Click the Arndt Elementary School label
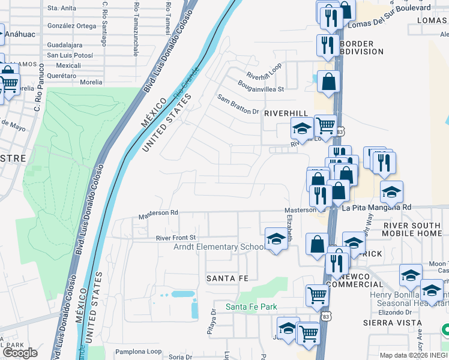[218, 247]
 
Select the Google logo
[20, 352]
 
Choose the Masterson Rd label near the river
[158, 212]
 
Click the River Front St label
[176, 238]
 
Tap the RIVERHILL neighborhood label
[286, 113]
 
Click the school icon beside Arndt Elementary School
[276, 239]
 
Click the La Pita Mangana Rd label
[377, 208]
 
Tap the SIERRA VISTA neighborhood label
[387, 322]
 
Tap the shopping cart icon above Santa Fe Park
[316, 294]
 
